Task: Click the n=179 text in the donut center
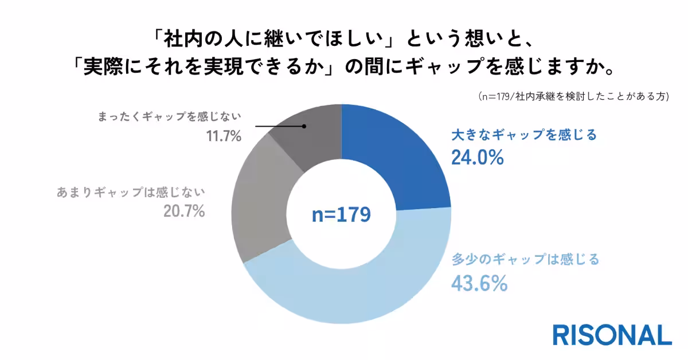pyautogui.click(x=341, y=214)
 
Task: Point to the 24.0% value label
pyautogui.click(x=477, y=157)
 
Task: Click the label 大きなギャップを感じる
pyautogui.click(x=524, y=136)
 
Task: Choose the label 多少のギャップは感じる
pyautogui.click(x=525, y=260)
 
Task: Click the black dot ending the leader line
pyautogui.click(x=304, y=126)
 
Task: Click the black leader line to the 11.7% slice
pyautogui.click(x=278, y=126)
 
